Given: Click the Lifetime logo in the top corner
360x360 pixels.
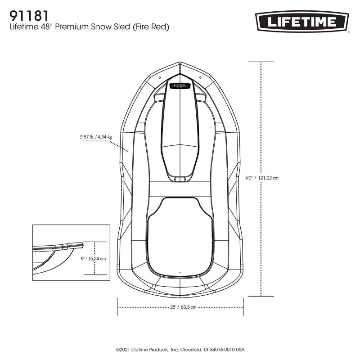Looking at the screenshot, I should coord(302,22).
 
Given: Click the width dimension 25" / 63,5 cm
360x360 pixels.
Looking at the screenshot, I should coord(183,307).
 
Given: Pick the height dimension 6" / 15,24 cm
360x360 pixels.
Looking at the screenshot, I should coord(93,259).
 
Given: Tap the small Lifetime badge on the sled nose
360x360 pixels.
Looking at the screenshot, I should coord(180,85).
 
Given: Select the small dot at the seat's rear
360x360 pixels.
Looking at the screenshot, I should coord(180,272).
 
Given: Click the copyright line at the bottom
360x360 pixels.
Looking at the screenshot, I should coord(180,349).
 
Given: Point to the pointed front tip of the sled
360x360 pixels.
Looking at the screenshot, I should coord(180,63).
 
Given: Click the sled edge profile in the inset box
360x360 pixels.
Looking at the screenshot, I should coord(58,246).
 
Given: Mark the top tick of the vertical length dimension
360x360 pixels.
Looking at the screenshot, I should coord(261,62).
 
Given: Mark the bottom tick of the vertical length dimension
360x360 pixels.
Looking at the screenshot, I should coord(261,296).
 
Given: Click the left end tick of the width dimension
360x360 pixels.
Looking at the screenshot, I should coord(117,307).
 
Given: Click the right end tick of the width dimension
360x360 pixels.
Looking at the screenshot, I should coord(243,307).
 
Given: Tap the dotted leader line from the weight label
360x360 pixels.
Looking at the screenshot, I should coord(120,146).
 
